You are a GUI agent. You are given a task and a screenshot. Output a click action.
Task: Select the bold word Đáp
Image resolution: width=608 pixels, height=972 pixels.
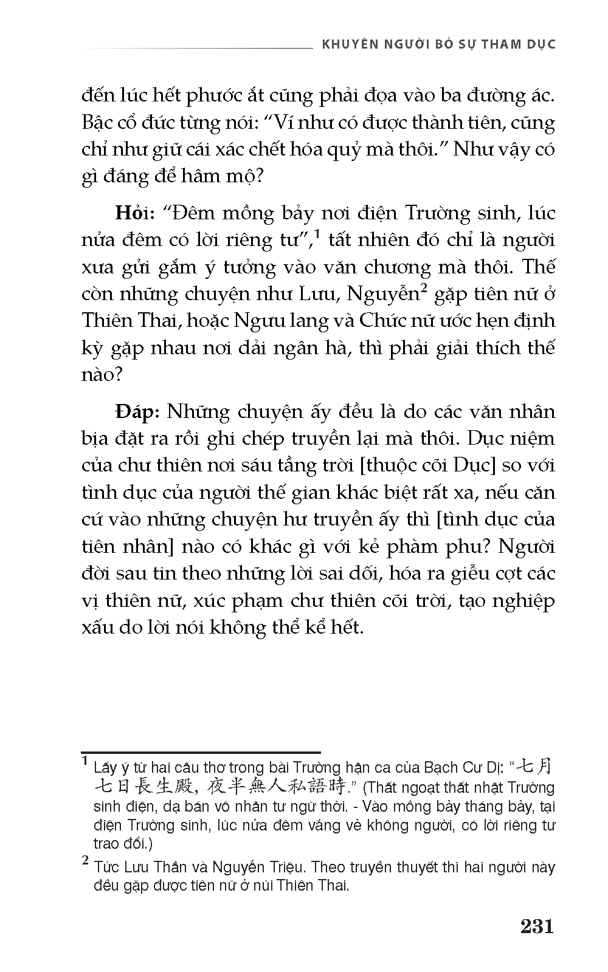[137, 412]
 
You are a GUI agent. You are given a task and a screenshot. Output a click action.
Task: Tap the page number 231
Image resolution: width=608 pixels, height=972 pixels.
[537, 926]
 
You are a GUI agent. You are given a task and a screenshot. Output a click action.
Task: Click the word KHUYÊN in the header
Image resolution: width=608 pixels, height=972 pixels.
[342, 45]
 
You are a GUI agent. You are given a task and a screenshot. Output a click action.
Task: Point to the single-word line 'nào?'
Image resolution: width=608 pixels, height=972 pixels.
[102, 375]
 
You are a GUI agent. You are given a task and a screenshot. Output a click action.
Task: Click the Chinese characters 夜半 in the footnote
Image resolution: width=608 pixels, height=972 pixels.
[224, 788]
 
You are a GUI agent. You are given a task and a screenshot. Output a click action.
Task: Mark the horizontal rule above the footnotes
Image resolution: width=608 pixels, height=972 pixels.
[201, 753]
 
